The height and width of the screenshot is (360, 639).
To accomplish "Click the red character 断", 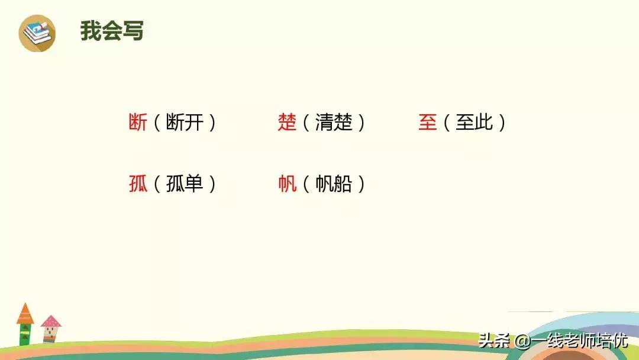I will [x=138, y=123].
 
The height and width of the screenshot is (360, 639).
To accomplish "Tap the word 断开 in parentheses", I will [x=185, y=123].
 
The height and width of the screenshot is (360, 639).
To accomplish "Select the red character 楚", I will [x=287, y=123].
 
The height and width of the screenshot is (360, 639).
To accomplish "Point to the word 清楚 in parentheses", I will [x=334, y=123].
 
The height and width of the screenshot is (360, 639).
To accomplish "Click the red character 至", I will [x=427, y=123].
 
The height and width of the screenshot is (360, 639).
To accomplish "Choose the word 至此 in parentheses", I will [x=474, y=123].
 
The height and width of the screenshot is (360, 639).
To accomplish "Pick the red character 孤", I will [x=138, y=184].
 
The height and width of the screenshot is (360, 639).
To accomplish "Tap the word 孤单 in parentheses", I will [x=185, y=184].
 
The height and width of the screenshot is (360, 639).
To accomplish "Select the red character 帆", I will [x=287, y=184].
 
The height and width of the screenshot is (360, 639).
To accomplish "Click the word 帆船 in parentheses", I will [x=334, y=184].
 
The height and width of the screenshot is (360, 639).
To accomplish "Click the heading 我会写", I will [x=112, y=31].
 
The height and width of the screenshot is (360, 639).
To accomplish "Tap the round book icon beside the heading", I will [x=37, y=33].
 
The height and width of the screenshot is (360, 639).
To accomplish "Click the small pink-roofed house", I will [x=51, y=328].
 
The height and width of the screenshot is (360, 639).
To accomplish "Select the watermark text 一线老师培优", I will [x=580, y=341].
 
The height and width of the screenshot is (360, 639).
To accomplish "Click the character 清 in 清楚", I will [x=325, y=123].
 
